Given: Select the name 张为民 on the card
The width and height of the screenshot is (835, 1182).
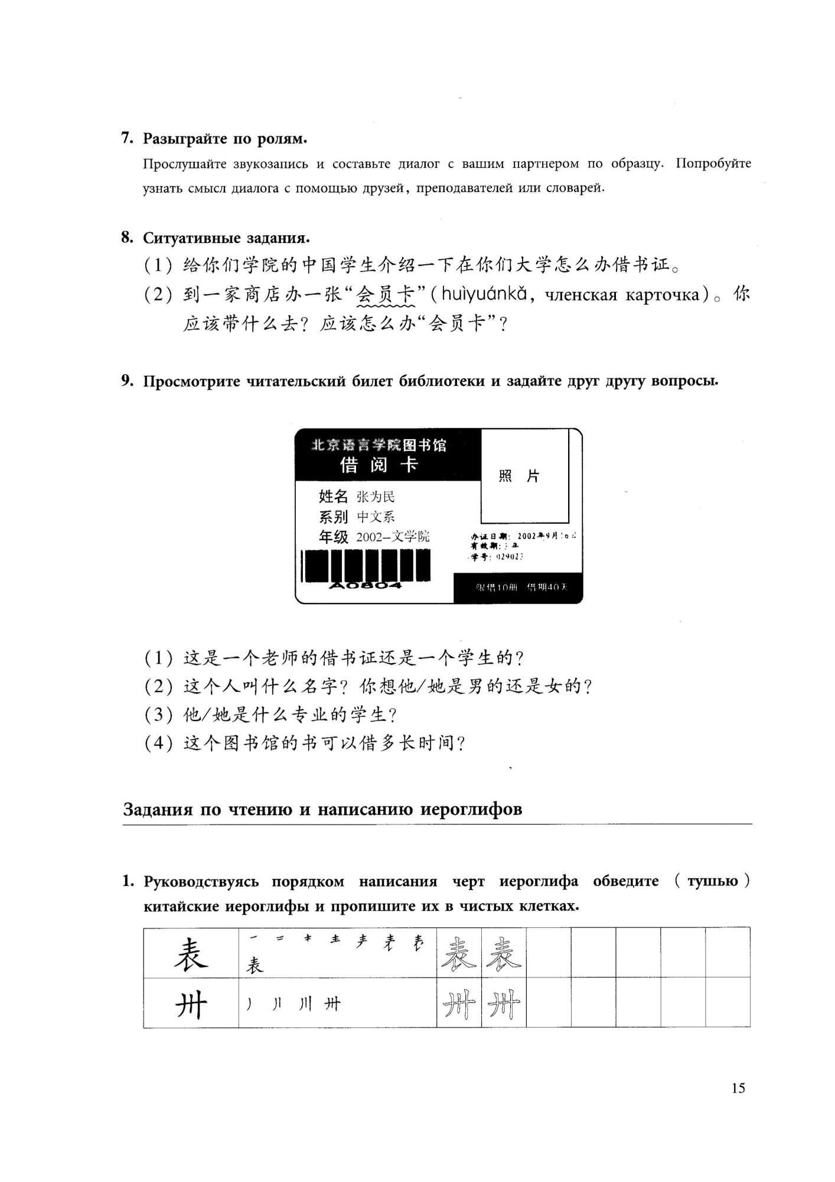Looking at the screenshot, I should (x=376, y=496).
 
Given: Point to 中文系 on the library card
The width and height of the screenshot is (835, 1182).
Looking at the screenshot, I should (x=376, y=517).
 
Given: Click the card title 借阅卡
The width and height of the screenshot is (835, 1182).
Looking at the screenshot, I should (x=379, y=465).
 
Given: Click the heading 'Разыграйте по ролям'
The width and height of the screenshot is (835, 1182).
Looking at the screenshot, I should (x=225, y=139).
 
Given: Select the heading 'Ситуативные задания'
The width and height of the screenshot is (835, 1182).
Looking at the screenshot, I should (x=226, y=238).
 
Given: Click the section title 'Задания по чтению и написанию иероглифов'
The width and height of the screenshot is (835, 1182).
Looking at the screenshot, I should (x=322, y=808).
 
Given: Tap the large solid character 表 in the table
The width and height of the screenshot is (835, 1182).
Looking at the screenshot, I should (x=191, y=954).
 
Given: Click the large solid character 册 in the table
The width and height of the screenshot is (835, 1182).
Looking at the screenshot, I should (x=191, y=1004).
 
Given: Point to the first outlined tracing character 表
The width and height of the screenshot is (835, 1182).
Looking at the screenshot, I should (x=459, y=954).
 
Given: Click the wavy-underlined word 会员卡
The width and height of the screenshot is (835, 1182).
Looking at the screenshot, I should (x=386, y=294).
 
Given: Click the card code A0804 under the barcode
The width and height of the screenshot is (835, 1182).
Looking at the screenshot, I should (x=366, y=585).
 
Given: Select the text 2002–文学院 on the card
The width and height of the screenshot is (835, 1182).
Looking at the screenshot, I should (x=393, y=537).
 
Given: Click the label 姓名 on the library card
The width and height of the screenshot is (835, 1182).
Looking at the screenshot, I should (x=333, y=496).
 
